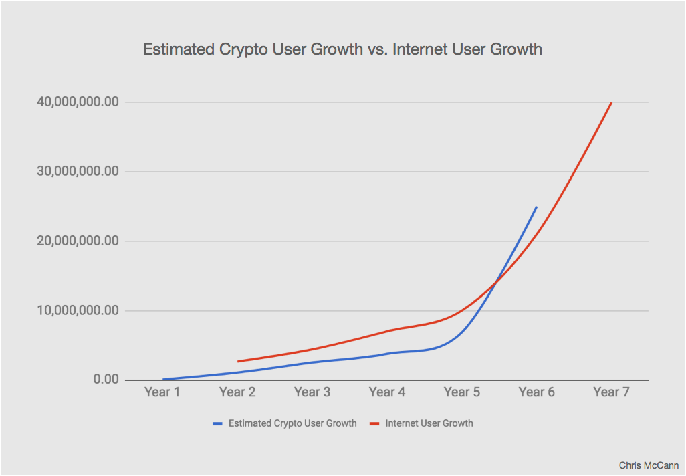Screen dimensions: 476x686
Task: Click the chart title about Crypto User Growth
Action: coord(342,49)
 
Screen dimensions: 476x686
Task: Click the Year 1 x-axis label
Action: coord(162,392)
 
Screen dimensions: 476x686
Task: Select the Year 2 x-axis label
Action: coord(237,392)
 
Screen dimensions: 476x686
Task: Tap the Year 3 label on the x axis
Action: coord(312,392)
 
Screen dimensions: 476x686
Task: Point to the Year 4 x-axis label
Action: coord(387,392)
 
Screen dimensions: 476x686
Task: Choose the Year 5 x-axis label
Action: coord(462,392)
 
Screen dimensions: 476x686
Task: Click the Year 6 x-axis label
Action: coord(537,392)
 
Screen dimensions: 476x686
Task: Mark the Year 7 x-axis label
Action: coord(611,392)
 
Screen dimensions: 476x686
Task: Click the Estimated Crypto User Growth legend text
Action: coord(292,423)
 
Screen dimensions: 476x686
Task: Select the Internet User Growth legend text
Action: coord(429,423)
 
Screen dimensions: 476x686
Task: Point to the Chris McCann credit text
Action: coord(649,465)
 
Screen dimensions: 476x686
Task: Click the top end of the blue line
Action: coord(536,207)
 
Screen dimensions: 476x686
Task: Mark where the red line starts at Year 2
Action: coord(238,362)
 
